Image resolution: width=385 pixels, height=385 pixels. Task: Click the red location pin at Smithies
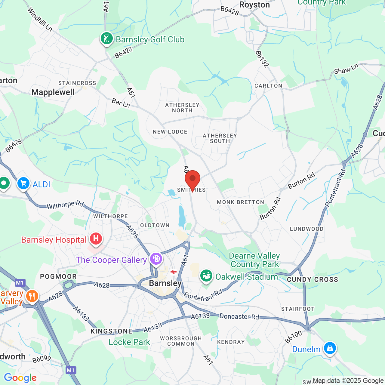(192, 179)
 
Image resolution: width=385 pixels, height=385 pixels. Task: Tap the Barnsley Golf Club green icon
(106, 39)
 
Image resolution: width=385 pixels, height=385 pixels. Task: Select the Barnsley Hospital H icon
(96, 239)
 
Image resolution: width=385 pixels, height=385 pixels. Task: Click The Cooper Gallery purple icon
(156, 259)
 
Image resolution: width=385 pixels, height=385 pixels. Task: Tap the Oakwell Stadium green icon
(206, 276)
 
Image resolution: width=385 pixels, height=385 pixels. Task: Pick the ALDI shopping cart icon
(23, 183)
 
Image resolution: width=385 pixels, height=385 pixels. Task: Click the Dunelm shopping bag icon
(330, 348)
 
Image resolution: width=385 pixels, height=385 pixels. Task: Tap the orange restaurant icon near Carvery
(32, 296)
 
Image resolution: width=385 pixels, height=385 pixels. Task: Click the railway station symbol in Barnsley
(173, 272)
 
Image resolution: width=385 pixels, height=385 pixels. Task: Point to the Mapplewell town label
(53, 92)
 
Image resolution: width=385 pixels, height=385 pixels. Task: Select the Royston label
(254, 5)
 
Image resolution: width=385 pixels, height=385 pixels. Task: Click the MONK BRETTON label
(241, 202)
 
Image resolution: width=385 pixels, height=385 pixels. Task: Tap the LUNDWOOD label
(307, 229)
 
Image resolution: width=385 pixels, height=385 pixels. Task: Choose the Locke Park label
(129, 342)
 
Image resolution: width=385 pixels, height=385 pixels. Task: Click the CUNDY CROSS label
(313, 279)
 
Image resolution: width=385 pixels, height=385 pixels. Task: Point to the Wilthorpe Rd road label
(65, 205)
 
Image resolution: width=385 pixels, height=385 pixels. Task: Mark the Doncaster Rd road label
(239, 316)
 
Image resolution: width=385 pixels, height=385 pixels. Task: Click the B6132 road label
(262, 59)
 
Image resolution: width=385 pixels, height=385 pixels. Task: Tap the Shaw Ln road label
(346, 69)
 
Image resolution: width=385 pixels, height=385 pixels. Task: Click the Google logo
(20, 378)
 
